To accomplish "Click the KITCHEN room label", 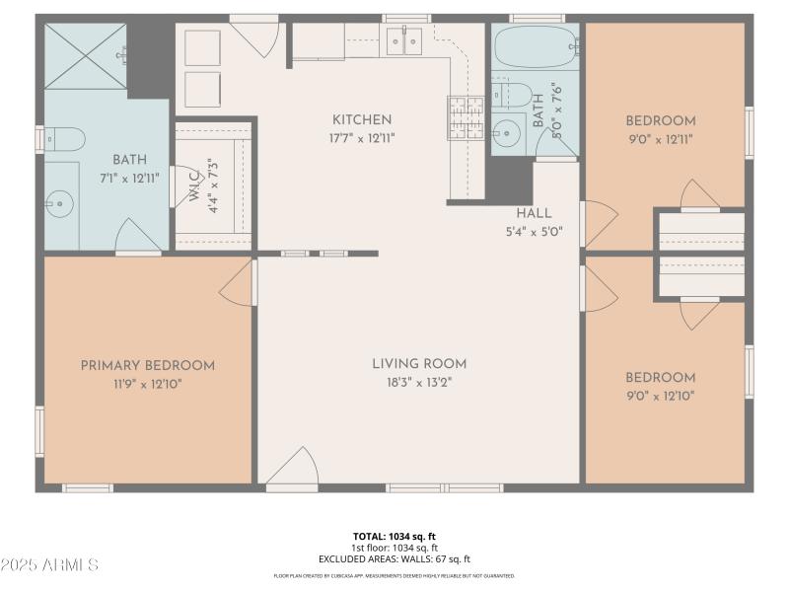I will pyautogui.click(x=362, y=119).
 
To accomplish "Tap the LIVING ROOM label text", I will pyautogui.click(x=419, y=363).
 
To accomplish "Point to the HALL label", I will pyautogui.click(x=534, y=213).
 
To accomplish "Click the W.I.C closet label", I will pyautogui.click(x=194, y=186).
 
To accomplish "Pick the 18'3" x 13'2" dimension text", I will pyautogui.click(x=419, y=382).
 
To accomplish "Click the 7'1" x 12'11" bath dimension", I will pyautogui.click(x=129, y=177).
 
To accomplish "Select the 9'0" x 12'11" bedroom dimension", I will pyautogui.click(x=661, y=139).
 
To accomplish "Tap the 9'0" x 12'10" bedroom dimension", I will pyautogui.click(x=661, y=396).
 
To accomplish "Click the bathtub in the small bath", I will pyautogui.click(x=534, y=47).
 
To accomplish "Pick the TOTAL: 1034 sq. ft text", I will pyautogui.click(x=394, y=537).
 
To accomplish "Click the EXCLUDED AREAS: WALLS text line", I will pyautogui.click(x=394, y=558).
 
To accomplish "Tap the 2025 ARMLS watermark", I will pyautogui.click(x=49, y=565).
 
